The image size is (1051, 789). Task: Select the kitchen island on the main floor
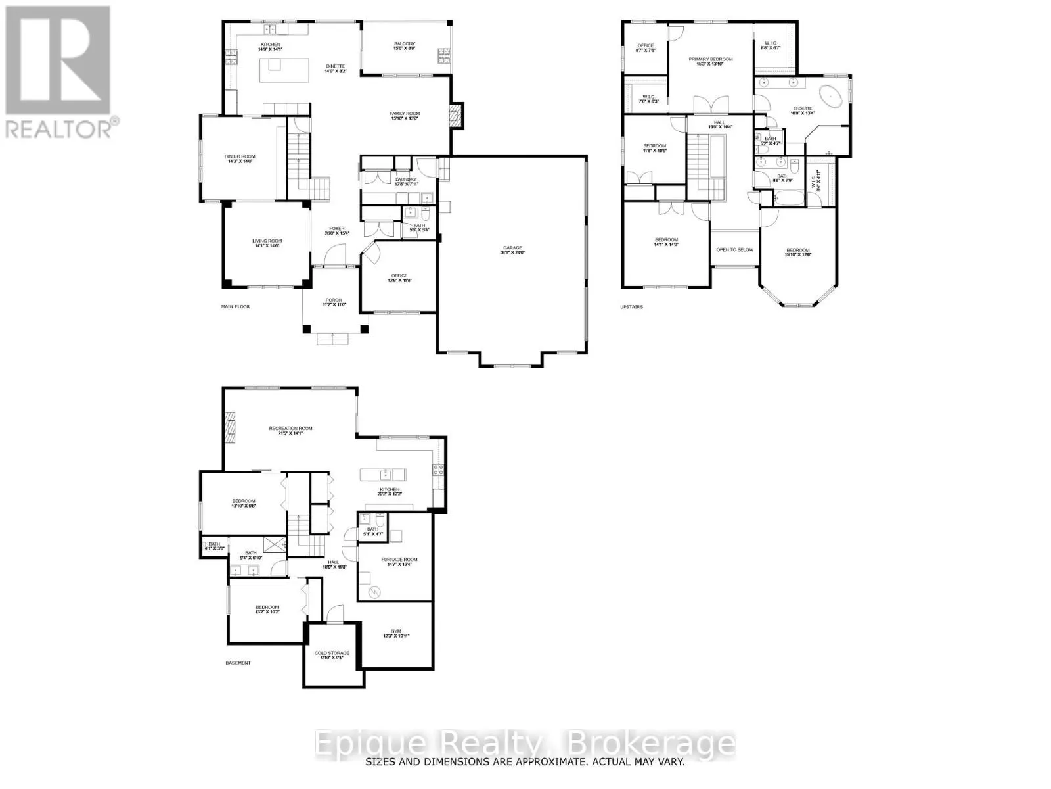pos(284,70)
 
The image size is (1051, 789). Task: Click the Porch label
pos(334,302)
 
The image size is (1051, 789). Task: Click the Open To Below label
pos(734,250)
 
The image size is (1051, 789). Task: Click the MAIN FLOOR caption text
pos(235,306)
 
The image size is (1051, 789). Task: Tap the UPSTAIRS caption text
pos(631,306)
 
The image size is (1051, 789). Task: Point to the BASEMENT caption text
pos(238,663)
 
